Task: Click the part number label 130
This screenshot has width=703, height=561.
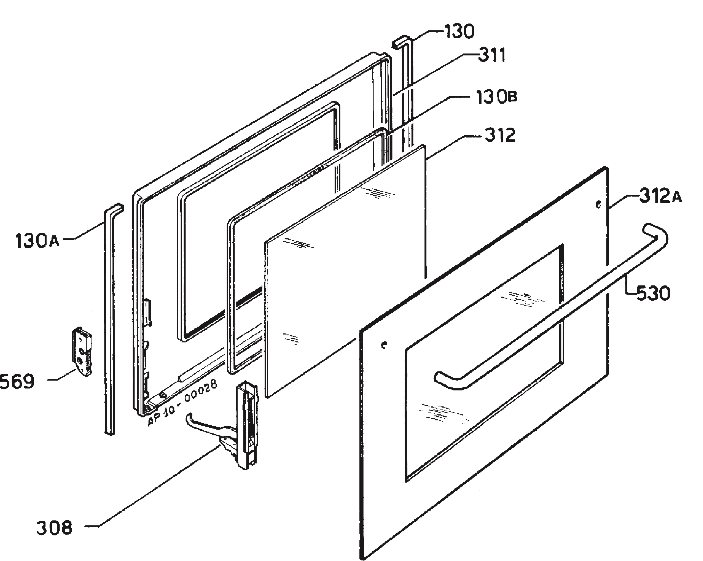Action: pos(459,32)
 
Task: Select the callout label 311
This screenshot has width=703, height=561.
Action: pos(492,55)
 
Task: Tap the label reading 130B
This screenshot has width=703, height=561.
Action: pos(496,97)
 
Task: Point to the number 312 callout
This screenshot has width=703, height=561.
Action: pos(500,135)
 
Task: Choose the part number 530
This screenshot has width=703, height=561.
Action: pos(653,292)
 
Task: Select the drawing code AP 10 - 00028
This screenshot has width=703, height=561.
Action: pos(182,403)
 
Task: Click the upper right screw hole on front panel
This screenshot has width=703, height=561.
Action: pos(598,205)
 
